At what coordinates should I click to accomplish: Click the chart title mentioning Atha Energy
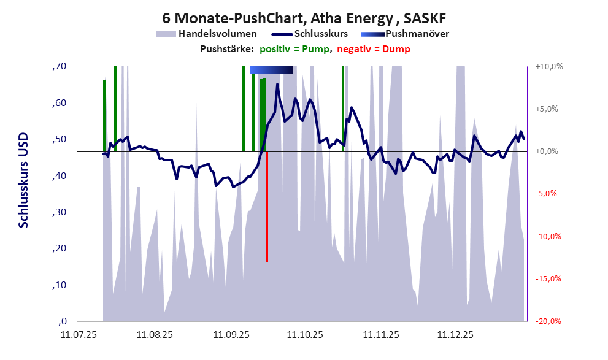pyautogui.click(x=304, y=17)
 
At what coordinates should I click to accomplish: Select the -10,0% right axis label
pyautogui.click(x=546, y=237)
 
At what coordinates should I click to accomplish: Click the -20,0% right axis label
pyautogui.click(x=546, y=321)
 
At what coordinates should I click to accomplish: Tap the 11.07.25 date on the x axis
pyautogui.click(x=77, y=335)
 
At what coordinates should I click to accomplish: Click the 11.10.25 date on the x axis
pyautogui.click(x=304, y=335)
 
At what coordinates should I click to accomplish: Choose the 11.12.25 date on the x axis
pyautogui.click(x=455, y=335)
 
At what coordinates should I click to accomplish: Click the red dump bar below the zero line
pyautogui.click(x=267, y=209)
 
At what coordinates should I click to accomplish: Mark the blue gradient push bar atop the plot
pyautogui.click(x=271, y=70)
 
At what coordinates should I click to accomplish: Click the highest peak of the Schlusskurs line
pyautogui.click(x=278, y=85)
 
